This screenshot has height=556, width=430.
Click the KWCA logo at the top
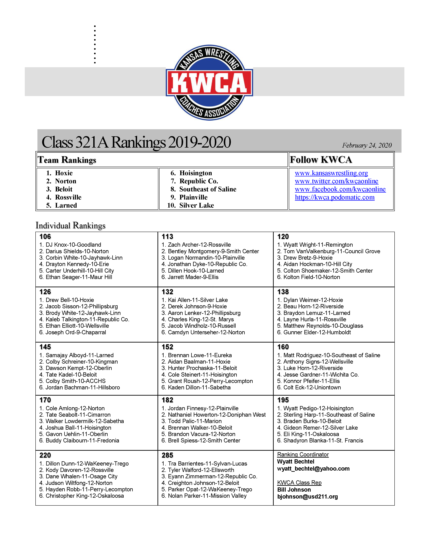[x=209, y=83]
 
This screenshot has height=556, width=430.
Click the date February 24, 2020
[x=367, y=145]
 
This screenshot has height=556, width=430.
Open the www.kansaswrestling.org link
[x=331, y=173]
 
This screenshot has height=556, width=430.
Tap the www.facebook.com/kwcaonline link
[x=340, y=189]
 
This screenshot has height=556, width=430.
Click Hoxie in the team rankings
[x=64, y=173]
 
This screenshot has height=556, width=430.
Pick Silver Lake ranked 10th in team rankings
[x=196, y=205]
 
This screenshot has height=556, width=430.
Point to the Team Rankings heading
[x=67, y=160]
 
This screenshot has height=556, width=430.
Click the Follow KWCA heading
[x=321, y=160]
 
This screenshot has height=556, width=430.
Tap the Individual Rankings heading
[x=70, y=226]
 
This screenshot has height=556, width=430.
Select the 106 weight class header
[x=45, y=237]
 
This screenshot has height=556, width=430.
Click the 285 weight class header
[x=167, y=455]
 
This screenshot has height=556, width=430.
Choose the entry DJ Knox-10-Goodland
[x=73, y=245]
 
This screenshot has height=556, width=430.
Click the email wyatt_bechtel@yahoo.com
[x=313, y=469]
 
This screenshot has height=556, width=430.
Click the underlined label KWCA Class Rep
[x=299, y=483]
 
